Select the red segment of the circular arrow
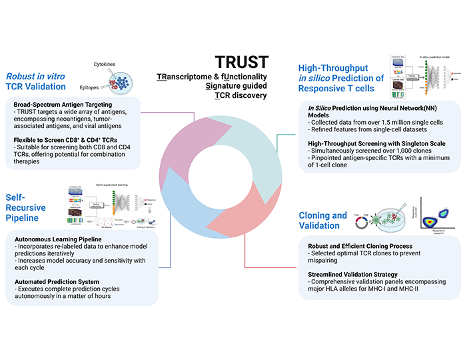coord(256,207)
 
